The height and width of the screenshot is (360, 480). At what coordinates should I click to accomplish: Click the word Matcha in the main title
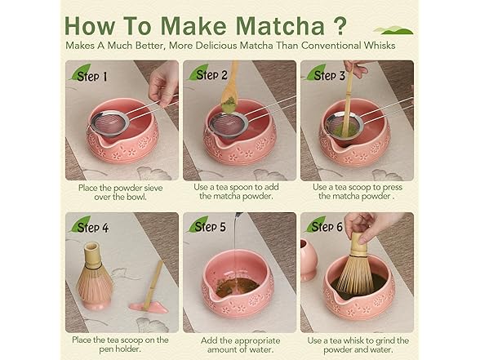[280, 26]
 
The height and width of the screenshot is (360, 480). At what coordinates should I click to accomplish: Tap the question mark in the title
[340, 25]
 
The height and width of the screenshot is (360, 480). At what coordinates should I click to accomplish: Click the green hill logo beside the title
[393, 30]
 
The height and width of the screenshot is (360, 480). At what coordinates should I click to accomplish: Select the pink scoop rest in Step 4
[149, 307]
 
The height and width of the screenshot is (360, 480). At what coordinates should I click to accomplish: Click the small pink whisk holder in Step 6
[309, 260]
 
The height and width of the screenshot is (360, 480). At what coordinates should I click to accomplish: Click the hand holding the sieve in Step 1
[163, 82]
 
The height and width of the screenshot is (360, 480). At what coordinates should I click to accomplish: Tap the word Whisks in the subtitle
[380, 46]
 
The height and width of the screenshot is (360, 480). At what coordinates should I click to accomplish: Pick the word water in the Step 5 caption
[261, 349]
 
